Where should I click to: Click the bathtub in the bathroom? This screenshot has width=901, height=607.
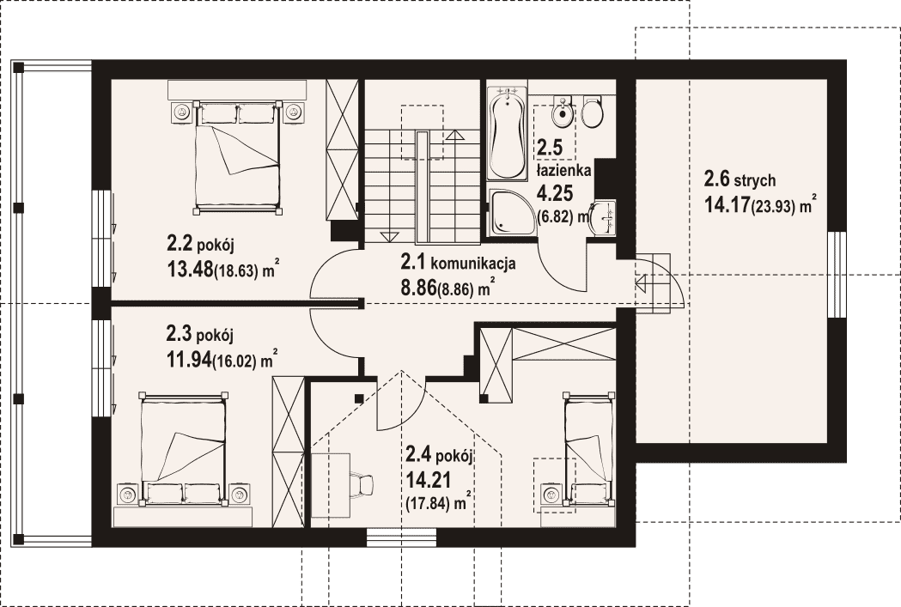507,133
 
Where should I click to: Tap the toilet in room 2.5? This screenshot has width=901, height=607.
592,112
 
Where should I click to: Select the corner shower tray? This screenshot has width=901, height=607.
509,212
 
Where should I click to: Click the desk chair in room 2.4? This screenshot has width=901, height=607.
362,483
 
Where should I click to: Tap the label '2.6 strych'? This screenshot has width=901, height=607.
740,180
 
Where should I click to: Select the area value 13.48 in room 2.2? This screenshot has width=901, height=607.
190,269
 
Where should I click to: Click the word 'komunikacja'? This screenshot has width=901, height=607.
472,264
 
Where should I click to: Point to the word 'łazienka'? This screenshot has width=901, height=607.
563,171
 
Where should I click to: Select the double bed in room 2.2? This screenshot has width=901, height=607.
239,157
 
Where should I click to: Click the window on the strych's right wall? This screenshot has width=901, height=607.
837,275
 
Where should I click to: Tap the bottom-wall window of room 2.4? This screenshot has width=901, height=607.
402,537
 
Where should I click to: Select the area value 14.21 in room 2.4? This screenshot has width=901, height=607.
428,479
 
